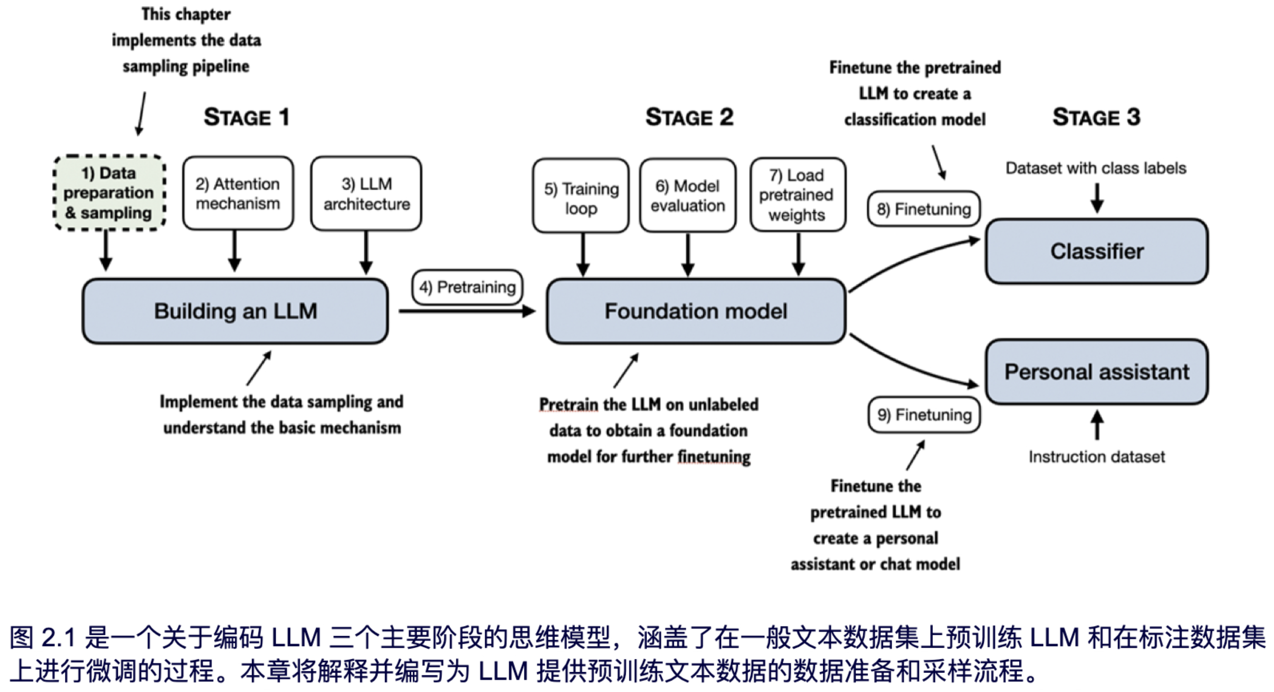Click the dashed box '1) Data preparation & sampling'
[x=109, y=193]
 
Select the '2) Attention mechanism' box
[x=238, y=193]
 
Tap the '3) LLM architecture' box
[x=366, y=193]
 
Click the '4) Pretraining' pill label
[x=467, y=287]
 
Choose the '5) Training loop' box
[x=581, y=196]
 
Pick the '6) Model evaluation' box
[x=688, y=195]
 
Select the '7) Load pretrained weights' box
[x=797, y=195]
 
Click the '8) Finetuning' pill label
[x=924, y=209]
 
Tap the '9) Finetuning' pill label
[x=924, y=415]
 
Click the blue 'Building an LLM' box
[x=236, y=311]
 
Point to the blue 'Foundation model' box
[x=696, y=311]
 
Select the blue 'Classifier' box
[x=1097, y=251]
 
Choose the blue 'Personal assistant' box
[x=1097, y=372]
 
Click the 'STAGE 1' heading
[x=246, y=117]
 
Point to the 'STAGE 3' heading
[x=1096, y=117]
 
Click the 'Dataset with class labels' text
[x=1096, y=168]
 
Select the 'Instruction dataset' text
[x=1096, y=457]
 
